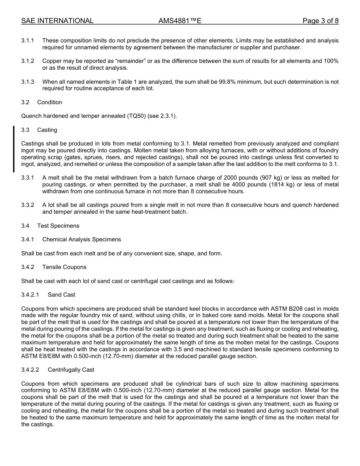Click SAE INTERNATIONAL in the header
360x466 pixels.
(x=57, y=21)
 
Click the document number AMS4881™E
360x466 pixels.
(x=180, y=21)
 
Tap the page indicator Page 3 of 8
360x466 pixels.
(x=320, y=21)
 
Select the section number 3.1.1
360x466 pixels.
(x=28, y=41)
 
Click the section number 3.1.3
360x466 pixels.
(x=28, y=82)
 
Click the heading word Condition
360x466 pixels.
(x=50, y=102)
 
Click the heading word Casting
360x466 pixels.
(x=47, y=130)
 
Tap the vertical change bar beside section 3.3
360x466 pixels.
(x=14, y=149)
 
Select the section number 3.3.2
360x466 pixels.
(x=28, y=205)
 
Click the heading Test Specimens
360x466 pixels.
(x=58, y=226)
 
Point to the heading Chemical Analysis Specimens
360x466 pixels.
(x=81, y=239)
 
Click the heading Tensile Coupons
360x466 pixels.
(x=64, y=267)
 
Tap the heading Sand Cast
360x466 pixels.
(x=61, y=295)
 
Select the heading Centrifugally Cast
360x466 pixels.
(x=71, y=370)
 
